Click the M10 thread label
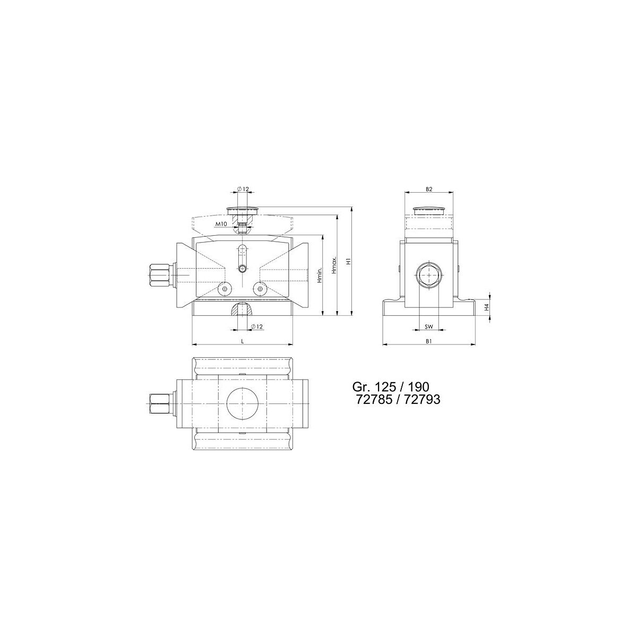[221, 224]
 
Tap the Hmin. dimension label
[320, 275]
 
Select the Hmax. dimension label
[334, 265]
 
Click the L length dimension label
[242, 341]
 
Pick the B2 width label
[429, 189]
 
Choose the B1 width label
[429, 341]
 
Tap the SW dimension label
[429, 327]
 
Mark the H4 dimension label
[486, 307]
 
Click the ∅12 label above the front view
[243, 189]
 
